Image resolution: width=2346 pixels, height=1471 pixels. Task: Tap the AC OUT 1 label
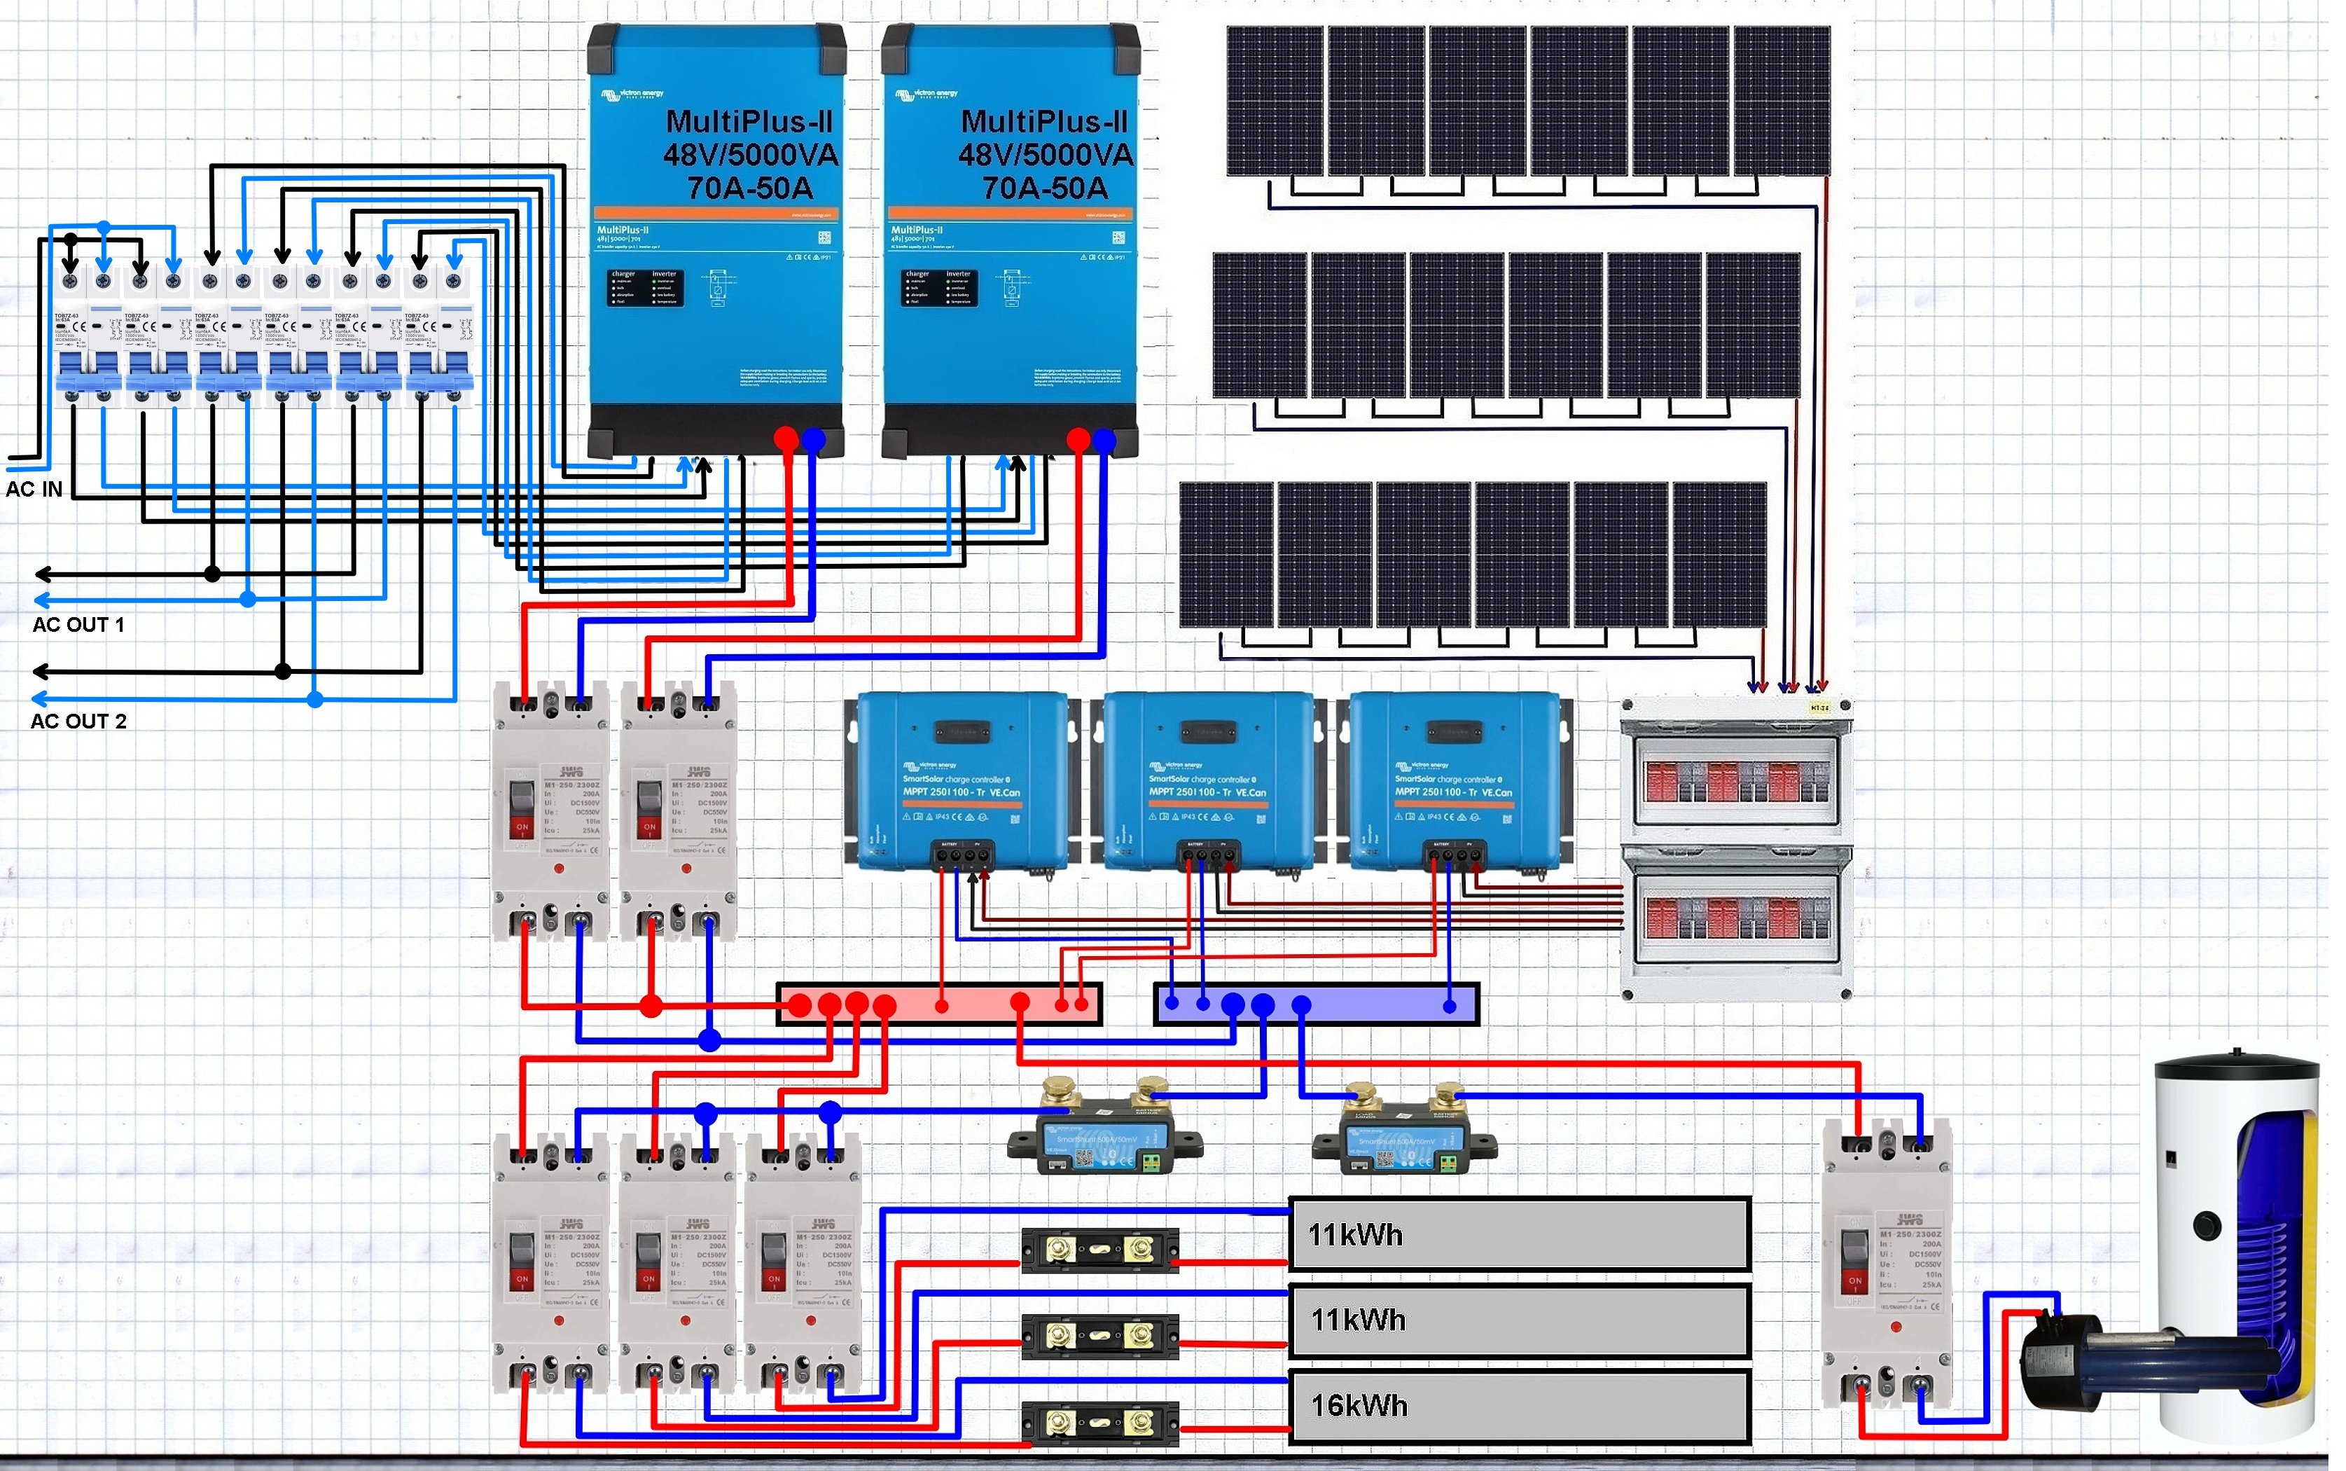[x=78, y=625]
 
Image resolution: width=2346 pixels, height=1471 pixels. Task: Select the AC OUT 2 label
[x=78, y=721]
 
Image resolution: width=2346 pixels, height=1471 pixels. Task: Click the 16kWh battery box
[x=1519, y=1406]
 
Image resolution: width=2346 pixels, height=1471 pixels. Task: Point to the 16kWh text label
[x=1359, y=1406]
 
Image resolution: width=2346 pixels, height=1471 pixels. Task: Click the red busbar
[x=938, y=1004]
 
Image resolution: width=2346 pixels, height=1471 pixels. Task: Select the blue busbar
[x=1316, y=1004]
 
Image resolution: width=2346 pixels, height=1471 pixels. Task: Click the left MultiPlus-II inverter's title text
[x=750, y=153]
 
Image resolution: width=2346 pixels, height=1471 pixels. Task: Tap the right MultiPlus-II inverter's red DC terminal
[x=1078, y=441]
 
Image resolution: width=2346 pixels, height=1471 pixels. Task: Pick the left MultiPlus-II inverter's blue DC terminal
[x=813, y=441]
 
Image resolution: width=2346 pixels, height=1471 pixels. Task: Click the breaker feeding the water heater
[x=1887, y=1265]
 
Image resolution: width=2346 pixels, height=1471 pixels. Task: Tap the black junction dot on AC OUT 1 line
[x=213, y=574]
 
